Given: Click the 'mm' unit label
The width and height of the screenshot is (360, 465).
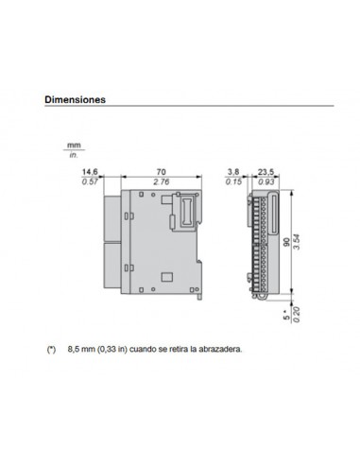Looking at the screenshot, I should point(73,144).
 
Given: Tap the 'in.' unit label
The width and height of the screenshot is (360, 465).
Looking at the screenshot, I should point(73,153).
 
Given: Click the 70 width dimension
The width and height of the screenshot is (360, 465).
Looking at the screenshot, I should point(160,172).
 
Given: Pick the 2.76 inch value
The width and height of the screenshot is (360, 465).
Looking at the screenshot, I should point(160,181).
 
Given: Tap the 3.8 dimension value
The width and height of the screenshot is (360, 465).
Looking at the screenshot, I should point(234,172).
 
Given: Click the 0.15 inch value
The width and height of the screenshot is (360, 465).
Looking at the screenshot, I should point(234,181).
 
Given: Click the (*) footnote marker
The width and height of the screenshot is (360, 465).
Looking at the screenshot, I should point(51,349).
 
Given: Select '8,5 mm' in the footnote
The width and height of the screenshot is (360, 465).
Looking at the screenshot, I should point(81,349).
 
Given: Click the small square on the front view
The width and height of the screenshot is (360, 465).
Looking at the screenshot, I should point(166,278).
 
